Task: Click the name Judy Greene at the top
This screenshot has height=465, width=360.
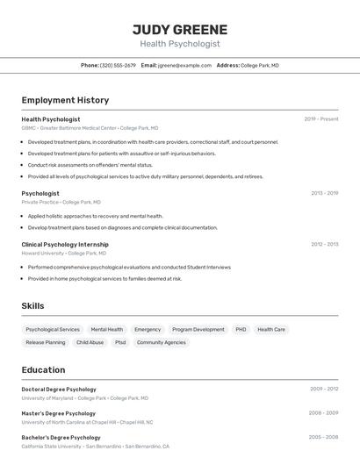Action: click(x=180, y=29)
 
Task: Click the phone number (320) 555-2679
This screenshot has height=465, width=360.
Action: click(x=118, y=65)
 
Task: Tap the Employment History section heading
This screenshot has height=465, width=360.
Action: click(x=65, y=100)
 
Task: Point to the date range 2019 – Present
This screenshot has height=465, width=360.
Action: click(x=321, y=119)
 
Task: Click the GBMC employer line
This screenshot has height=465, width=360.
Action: click(x=90, y=128)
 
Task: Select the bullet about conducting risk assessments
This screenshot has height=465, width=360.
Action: click(x=90, y=165)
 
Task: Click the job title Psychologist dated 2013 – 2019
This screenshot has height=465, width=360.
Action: click(x=40, y=193)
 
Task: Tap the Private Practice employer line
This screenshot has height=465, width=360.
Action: click(x=61, y=202)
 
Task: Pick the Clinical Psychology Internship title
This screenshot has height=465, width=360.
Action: click(x=65, y=244)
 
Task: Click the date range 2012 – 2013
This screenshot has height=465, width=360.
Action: click(x=324, y=245)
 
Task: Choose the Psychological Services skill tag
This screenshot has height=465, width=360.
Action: click(x=53, y=330)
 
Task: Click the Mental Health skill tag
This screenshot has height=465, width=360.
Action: click(x=107, y=330)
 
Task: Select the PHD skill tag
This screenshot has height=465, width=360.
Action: click(x=241, y=330)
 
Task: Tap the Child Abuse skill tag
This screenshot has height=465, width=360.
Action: click(x=90, y=343)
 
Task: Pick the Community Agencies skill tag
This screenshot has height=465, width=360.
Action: click(x=162, y=343)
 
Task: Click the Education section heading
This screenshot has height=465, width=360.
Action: click(x=43, y=370)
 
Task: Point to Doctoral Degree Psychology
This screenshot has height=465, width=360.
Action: click(x=59, y=389)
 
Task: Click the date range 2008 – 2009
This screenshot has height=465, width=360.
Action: click(x=323, y=413)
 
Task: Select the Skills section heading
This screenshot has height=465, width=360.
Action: click(x=32, y=306)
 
